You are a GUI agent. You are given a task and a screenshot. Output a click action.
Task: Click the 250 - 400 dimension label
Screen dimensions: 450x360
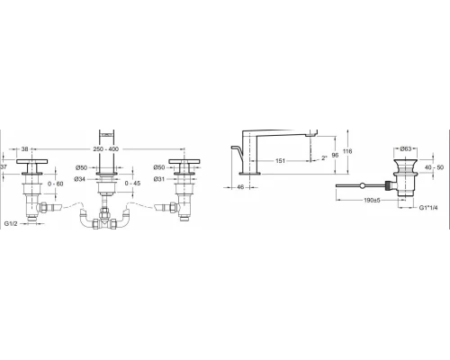pos(105,149)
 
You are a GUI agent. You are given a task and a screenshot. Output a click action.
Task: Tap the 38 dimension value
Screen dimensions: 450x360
pos(25,149)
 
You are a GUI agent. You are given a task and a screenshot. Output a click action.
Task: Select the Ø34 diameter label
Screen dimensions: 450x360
pos(80,179)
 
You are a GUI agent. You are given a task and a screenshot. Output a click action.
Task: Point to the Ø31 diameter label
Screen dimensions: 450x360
pos(159,179)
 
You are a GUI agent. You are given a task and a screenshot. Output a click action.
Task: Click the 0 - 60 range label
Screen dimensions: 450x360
pos(56,184)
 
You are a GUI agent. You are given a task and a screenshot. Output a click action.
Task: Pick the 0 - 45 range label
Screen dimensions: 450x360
pos(132,183)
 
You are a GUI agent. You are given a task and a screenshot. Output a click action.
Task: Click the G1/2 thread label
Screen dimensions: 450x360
pos(11,223)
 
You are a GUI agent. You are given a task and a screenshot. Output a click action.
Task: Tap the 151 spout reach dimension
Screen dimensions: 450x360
pos(280,161)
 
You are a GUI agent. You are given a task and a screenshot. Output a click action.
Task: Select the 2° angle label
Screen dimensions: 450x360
pos(324,157)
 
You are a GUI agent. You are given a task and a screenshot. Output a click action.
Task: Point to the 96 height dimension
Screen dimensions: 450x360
pos(335,155)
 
